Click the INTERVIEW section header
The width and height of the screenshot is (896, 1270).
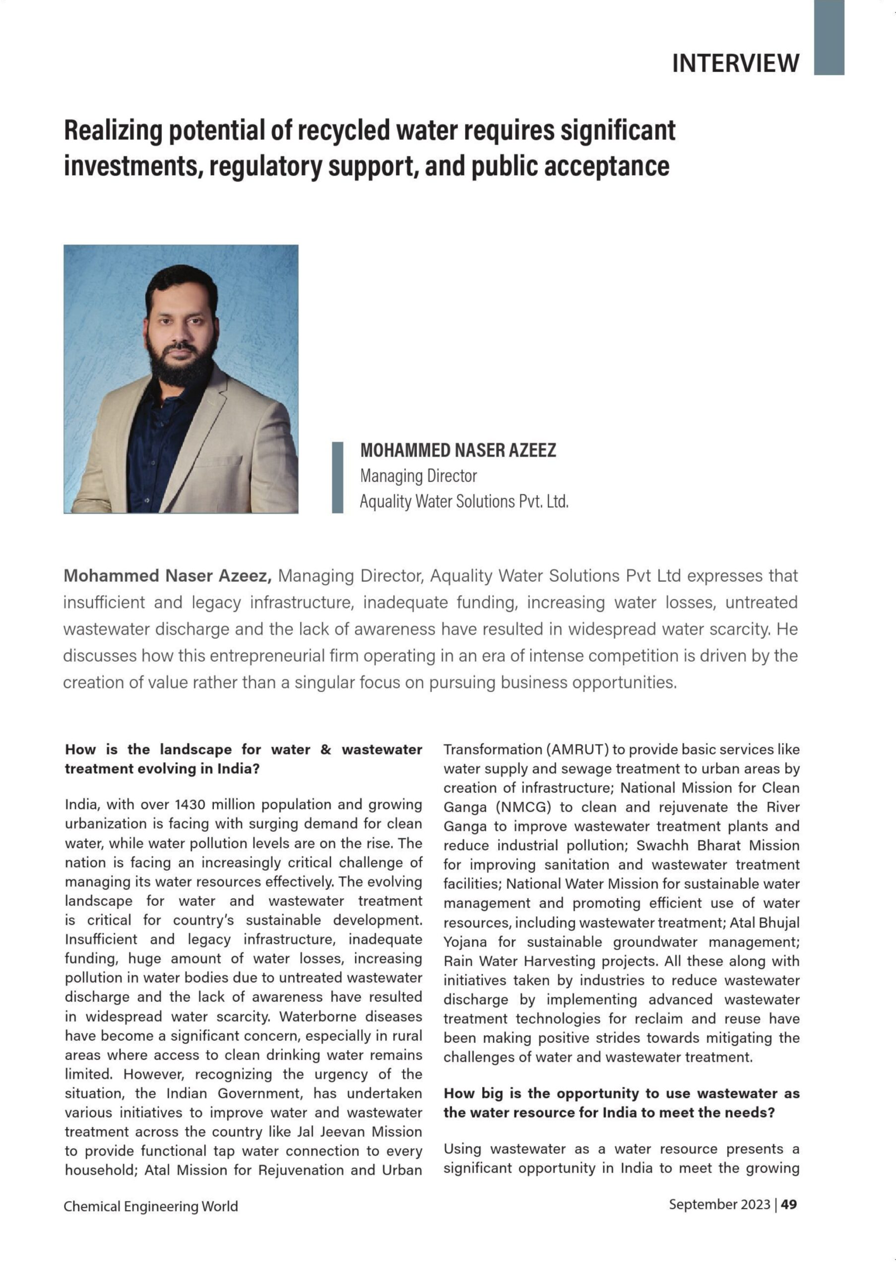coord(735,63)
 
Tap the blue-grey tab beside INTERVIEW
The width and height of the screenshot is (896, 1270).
coord(828,37)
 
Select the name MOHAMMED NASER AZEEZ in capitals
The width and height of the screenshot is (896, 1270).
coord(458,450)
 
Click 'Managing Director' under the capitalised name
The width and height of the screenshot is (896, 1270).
coord(418,476)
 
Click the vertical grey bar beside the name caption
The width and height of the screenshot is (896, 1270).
coord(337,477)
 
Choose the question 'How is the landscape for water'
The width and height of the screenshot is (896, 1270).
coord(244,750)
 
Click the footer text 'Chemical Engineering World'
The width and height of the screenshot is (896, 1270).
coord(150,1206)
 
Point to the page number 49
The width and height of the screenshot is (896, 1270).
coord(789,1204)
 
